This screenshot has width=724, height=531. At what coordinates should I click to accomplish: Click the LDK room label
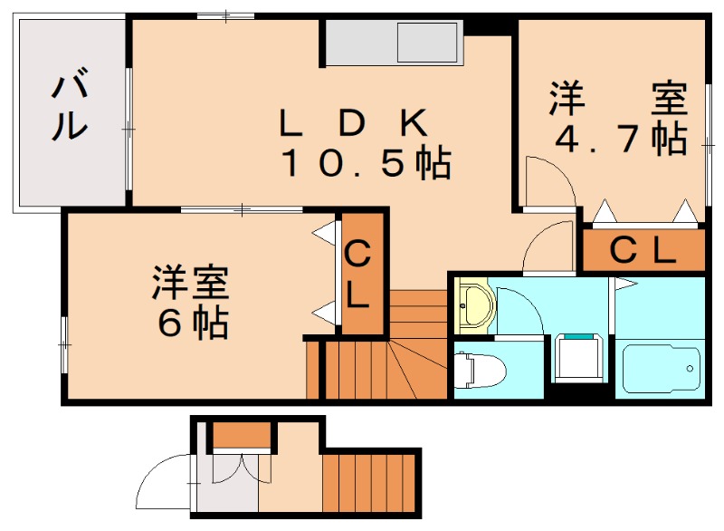point(353,123)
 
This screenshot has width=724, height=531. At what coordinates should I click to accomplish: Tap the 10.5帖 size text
point(367,163)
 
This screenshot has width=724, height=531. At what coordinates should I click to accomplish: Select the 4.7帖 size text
point(621,139)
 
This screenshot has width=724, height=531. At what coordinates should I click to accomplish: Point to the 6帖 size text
point(193,323)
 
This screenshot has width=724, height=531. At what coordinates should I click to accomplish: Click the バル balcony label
point(70,103)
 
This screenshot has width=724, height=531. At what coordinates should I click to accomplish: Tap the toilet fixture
point(481,371)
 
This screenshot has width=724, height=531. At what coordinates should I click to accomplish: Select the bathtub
point(661,368)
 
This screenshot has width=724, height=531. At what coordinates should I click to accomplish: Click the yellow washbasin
point(474,305)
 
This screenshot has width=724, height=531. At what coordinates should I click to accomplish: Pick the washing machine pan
point(579,358)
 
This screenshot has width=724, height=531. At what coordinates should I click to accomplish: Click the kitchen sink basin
point(428,43)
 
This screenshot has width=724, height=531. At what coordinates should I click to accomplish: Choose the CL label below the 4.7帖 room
point(643,250)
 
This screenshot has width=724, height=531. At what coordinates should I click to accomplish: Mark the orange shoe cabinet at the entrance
point(242,435)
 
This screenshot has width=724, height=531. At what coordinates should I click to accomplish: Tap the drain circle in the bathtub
point(690,368)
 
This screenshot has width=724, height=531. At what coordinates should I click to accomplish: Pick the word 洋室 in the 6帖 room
point(191,282)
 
